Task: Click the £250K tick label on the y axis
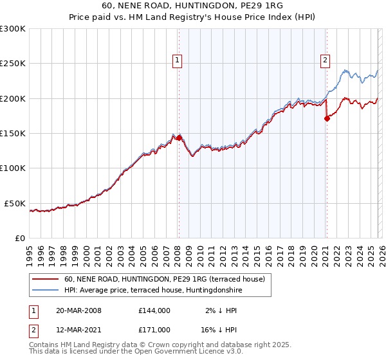coord(13,64)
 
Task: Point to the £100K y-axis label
coord(13,168)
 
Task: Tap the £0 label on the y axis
coord(20,238)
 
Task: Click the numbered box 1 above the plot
coord(177,60)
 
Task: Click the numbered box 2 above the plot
coord(325,60)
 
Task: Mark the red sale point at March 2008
coord(179,138)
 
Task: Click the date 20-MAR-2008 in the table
coord(78,310)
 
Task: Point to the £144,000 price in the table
coord(154,310)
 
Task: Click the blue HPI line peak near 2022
coord(345,70)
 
